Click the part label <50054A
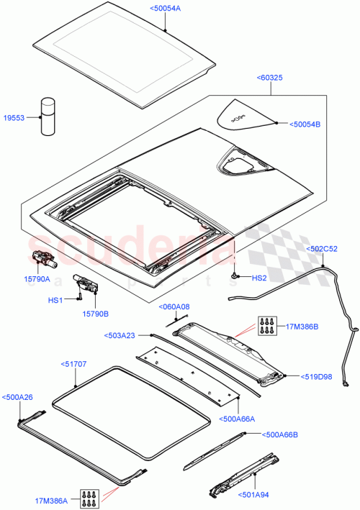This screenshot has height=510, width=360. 166,8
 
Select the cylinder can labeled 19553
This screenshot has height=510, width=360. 48,116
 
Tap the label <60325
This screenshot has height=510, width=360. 270,78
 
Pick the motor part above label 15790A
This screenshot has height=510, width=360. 44,255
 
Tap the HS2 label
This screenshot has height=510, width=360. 260,278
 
